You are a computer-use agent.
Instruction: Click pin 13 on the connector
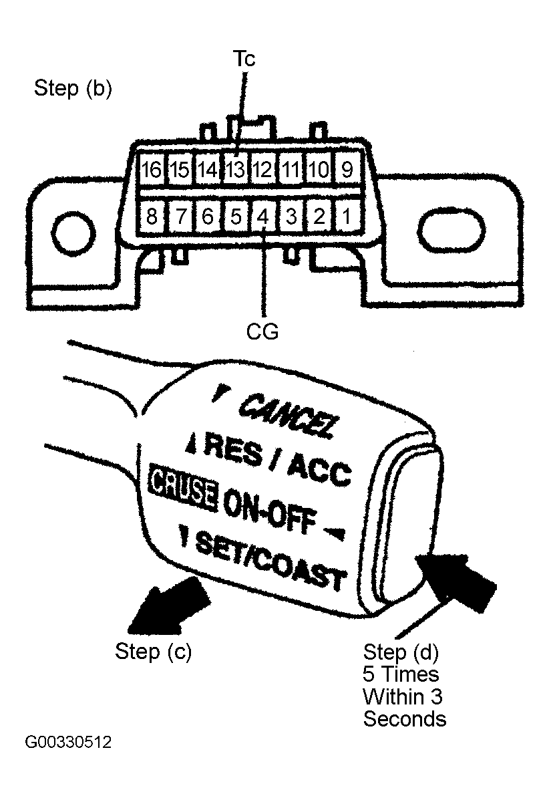point(235,169)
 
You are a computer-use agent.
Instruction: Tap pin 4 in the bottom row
point(262,217)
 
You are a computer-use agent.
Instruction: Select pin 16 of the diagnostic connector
point(152,169)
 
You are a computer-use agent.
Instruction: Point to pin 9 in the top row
point(347,169)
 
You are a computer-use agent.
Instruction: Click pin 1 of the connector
point(347,217)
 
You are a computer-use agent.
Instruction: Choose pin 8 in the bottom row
point(152,217)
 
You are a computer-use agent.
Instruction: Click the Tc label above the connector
point(244,59)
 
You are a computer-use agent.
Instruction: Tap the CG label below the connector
point(262,331)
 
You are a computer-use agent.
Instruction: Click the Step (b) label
point(73,88)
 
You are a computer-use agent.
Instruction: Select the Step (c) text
point(153,651)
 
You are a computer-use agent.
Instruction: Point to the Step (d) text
point(401,652)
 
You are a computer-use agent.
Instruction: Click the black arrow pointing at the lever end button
point(455,579)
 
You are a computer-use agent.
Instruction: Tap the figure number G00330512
point(68,742)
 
